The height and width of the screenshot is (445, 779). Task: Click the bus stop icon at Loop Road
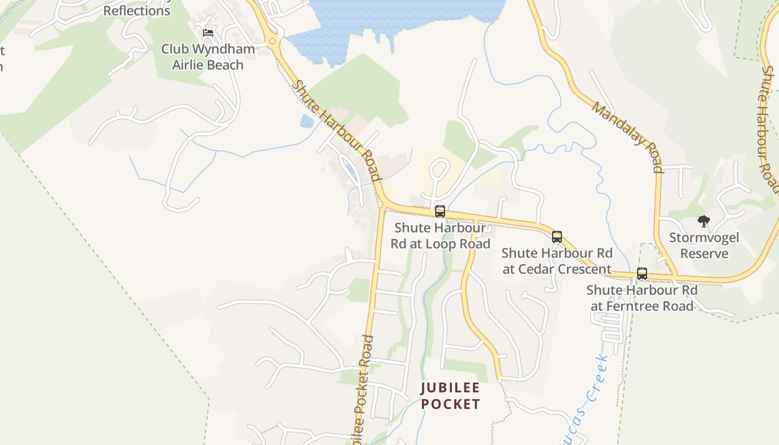click(440, 211)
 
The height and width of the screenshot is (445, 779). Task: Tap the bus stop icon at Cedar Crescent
click(557, 237)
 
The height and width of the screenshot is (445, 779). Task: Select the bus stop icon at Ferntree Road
click(642, 274)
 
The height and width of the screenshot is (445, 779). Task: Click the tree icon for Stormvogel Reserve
click(704, 221)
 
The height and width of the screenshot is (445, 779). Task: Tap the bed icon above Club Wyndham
click(208, 33)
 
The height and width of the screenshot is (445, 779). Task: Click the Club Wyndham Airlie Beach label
click(208, 57)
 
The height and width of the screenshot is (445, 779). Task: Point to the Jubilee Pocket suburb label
click(450, 395)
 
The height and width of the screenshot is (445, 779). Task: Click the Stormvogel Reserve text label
click(704, 246)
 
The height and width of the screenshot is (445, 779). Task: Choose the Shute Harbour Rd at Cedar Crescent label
click(556, 261)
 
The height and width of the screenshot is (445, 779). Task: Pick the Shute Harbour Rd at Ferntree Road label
click(642, 298)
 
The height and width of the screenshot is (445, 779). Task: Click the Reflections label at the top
click(137, 11)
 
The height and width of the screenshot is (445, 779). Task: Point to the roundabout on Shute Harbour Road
click(272, 41)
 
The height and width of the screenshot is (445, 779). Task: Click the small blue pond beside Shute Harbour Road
click(307, 121)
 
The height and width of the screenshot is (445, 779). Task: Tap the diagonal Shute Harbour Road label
click(336, 131)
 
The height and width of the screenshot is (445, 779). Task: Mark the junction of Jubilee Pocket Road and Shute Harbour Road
click(382, 207)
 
